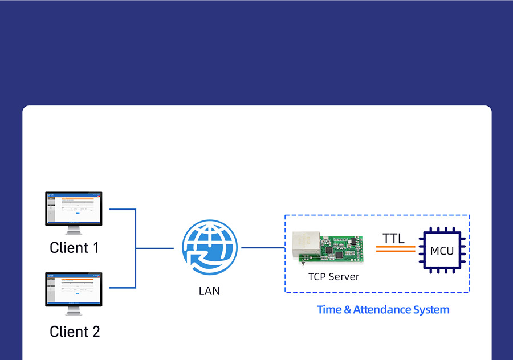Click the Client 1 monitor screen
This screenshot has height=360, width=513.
[x=74, y=208]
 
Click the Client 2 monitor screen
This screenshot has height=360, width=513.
[x=74, y=289]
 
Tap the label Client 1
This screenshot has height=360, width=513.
[x=74, y=248]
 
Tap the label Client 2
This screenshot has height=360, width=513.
[x=75, y=332]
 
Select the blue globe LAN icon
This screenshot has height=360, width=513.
[x=210, y=247]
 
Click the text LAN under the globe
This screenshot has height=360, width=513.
[x=209, y=291]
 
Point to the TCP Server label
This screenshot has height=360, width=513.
[x=333, y=277]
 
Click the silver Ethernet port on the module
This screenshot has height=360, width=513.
[x=306, y=245]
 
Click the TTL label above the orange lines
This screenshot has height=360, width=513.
[x=393, y=238]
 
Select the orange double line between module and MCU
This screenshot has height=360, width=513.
[x=396, y=249]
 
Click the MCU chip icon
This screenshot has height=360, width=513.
[x=442, y=251]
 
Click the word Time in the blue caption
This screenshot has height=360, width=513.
[x=329, y=310]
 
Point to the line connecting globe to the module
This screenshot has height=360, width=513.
[x=263, y=248]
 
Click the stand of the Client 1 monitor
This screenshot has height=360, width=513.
[x=74, y=230]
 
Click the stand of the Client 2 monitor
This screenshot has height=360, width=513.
[x=74, y=311]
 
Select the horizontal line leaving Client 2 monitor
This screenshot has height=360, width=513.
[x=123, y=288]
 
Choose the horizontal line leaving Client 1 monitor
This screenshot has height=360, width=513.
[x=123, y=209]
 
